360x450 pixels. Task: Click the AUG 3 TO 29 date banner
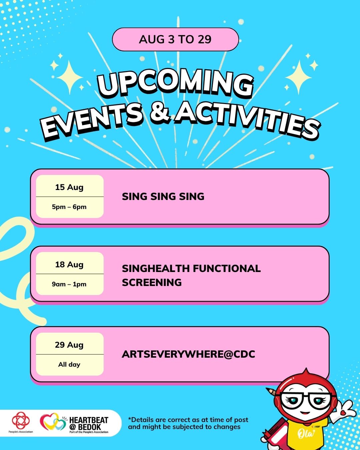click(175, 39)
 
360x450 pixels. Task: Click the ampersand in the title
click(160, 113)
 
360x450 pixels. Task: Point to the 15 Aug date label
click(69, 187)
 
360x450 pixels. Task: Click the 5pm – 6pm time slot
click(69, 207)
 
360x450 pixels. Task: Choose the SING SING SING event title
click(163, 197)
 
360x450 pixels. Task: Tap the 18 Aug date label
click(69, 265)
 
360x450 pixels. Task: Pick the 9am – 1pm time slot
click(69, 284)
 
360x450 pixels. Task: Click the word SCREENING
click(152, 283)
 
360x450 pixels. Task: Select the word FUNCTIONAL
click(227, 268)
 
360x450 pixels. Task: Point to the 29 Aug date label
click(69, 345)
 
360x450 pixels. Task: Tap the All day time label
click(69, 364)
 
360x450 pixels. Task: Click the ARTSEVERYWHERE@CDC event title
click(188, 354)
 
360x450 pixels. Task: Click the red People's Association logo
click(21, 420)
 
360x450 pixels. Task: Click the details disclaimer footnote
click(188, 423)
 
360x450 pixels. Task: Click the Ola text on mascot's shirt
click(306, 433)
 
